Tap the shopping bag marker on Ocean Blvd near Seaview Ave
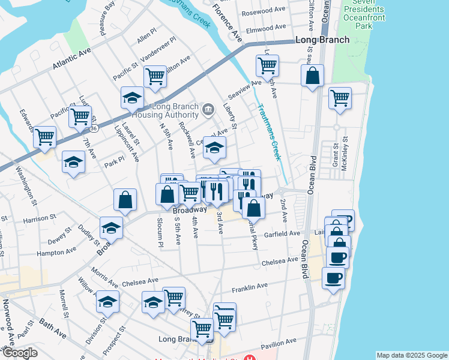coord(313,76)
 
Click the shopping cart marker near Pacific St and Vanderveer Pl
coord(155,76)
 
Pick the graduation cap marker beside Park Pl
coord(73,163)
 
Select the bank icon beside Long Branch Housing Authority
coord(208,109)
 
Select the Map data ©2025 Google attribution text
coord(412,355)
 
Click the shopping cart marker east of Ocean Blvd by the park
coord(340,98)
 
